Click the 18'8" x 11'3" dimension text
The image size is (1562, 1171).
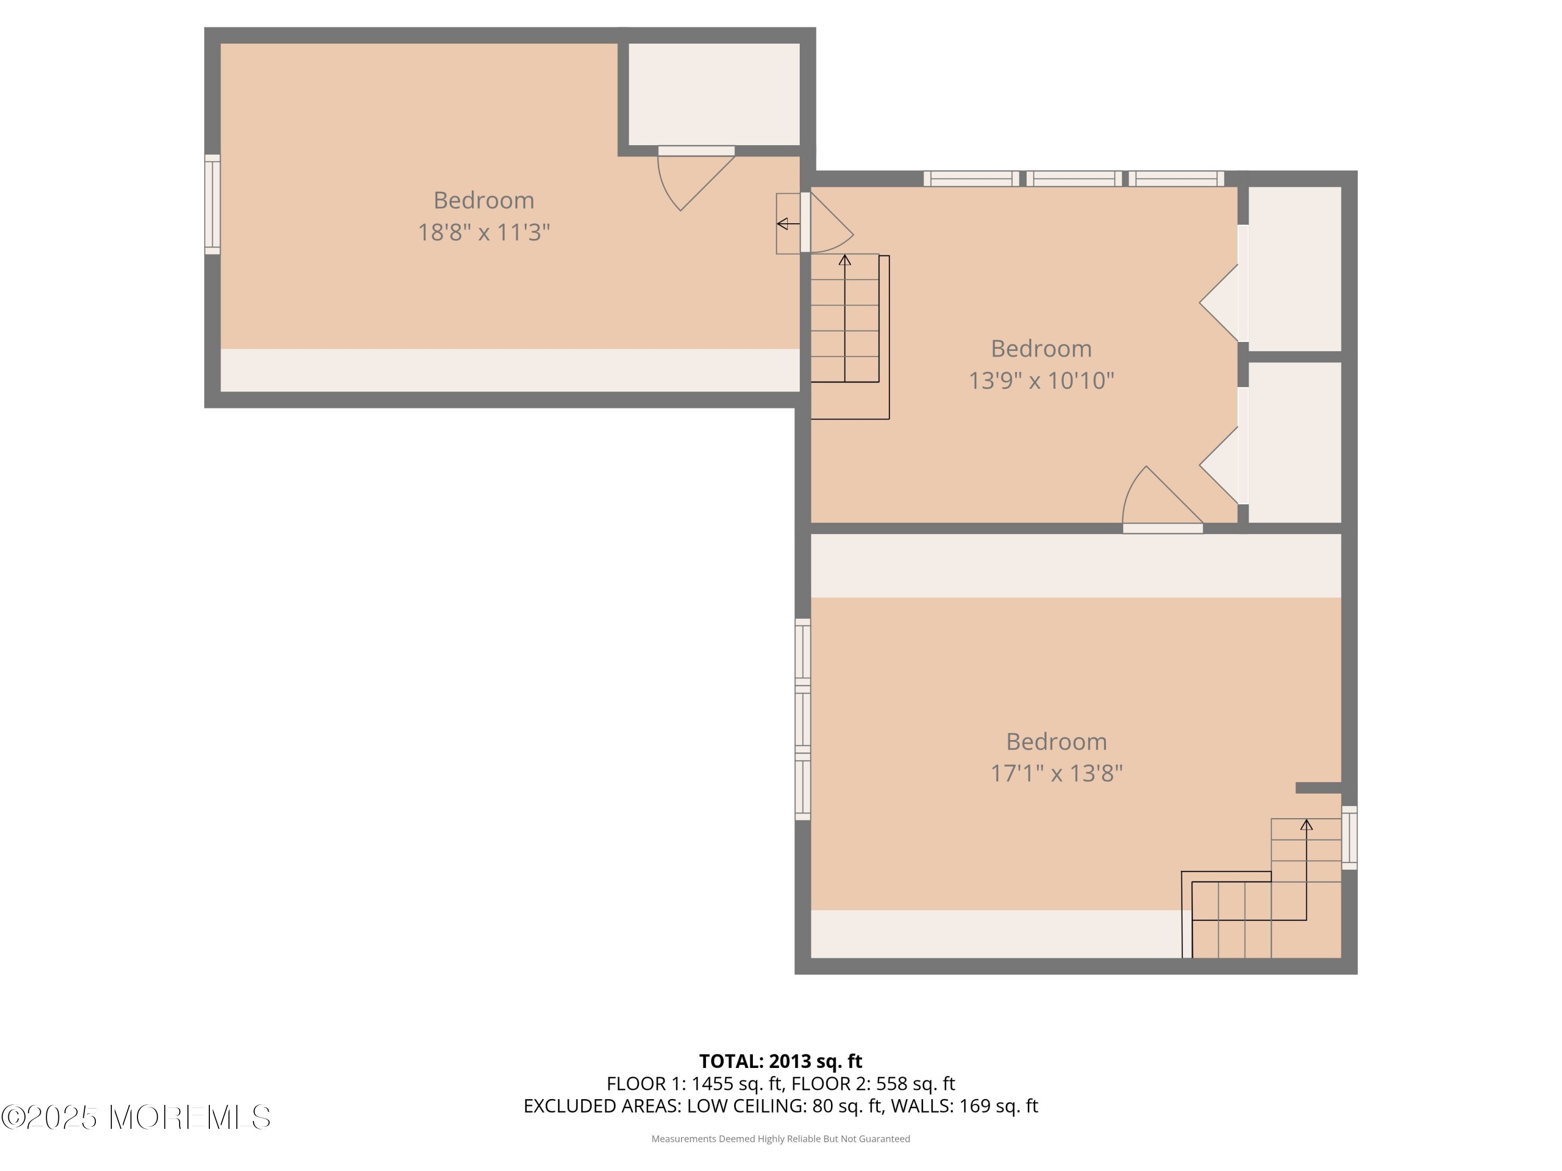(484, 232)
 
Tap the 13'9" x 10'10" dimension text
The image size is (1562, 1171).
(1041, 380)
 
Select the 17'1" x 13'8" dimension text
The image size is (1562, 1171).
(1056, 773)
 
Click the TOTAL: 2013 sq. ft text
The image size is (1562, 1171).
(780, 1061)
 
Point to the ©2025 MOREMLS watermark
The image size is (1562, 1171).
(135, 1117)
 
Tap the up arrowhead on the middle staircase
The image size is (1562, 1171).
(845, 260)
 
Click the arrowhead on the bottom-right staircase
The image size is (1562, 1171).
(1306, 824)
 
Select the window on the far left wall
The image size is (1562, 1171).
(212, 204)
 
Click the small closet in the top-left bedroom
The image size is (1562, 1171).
(714, 95)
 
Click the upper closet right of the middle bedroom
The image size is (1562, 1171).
(1295, 269)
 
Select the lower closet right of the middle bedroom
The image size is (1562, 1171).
(1295, 442)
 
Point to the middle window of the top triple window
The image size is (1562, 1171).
(1073, 179)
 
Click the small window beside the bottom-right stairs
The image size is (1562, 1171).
(1349, 838)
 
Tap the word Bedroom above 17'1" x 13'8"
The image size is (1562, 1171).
(1056, 742)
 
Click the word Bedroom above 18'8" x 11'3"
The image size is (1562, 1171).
(484, 200)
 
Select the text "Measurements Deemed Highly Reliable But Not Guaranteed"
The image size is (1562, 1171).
(780, 1139)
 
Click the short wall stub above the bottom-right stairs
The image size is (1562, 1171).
(1318, 788)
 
